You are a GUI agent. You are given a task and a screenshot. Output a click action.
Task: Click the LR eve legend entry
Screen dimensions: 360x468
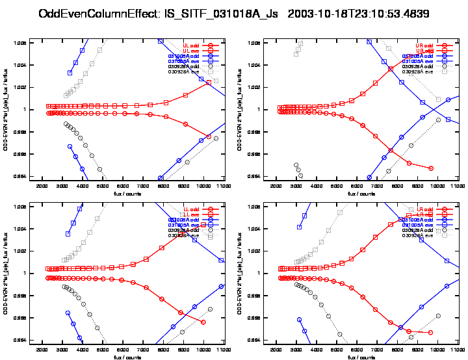point(423,214)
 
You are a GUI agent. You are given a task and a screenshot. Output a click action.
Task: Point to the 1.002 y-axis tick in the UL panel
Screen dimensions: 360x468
point(22,87)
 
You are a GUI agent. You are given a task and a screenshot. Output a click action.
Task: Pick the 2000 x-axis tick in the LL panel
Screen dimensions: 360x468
point(42,350)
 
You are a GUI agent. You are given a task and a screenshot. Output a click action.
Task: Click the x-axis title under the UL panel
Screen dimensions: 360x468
point(127,194)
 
